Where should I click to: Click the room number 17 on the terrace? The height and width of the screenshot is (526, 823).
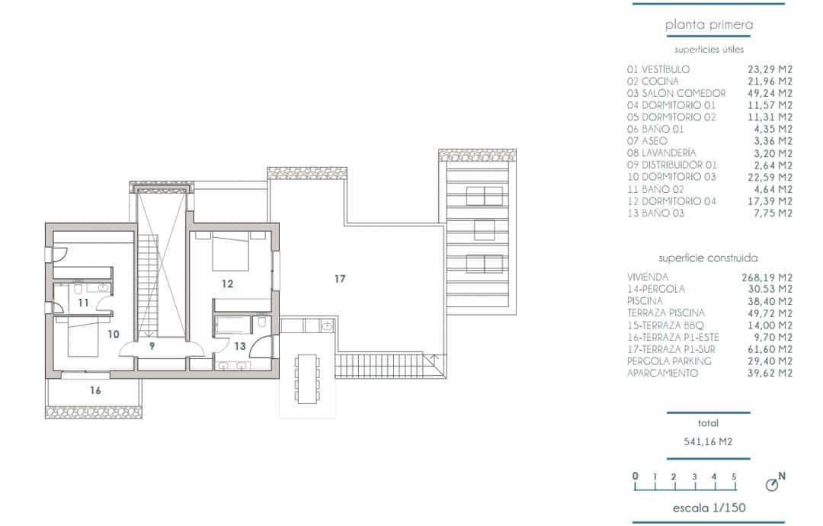point(340,279)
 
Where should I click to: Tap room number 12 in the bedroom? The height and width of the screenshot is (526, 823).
point(227,284)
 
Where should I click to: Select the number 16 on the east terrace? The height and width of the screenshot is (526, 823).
point(95,390)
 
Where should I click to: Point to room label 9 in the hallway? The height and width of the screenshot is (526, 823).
point(152,346)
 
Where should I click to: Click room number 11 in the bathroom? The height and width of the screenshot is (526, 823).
point(83,303)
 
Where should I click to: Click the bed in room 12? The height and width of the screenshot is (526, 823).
point(229,254)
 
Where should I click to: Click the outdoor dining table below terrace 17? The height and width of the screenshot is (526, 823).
point(307,379)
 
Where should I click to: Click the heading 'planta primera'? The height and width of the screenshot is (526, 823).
point(709,25)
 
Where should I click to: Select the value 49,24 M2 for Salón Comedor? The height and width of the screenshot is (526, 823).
point(770,93)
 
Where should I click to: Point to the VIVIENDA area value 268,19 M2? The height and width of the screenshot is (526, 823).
point(767,277)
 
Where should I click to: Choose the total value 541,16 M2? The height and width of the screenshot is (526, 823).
point(708,441)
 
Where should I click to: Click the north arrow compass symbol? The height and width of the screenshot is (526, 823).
point(772,484)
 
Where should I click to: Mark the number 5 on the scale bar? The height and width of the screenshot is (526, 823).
point(734,476)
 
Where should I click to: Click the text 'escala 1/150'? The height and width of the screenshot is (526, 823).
point(709,508)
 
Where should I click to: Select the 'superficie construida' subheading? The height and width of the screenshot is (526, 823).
point(708,258)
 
